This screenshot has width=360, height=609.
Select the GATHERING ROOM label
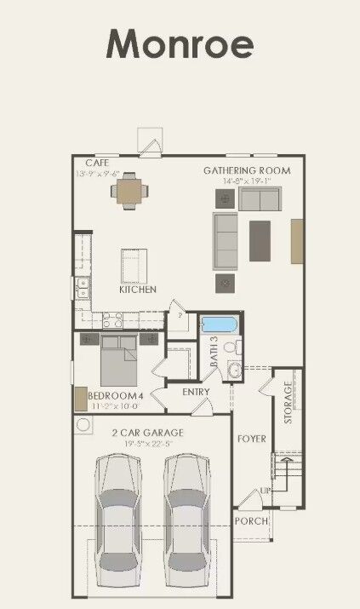[246, 170]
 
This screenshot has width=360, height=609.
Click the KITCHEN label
[138, 290]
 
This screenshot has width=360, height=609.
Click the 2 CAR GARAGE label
[148, 432]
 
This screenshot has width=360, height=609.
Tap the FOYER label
[252, 440]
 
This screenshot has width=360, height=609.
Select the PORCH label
[251, 520]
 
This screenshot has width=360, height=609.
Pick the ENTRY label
[196, 392]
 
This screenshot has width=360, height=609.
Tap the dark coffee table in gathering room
[260, 240]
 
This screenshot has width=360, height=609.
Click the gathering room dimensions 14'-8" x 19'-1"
[246, 181]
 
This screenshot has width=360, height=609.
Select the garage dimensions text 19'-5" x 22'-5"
[148, 443]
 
